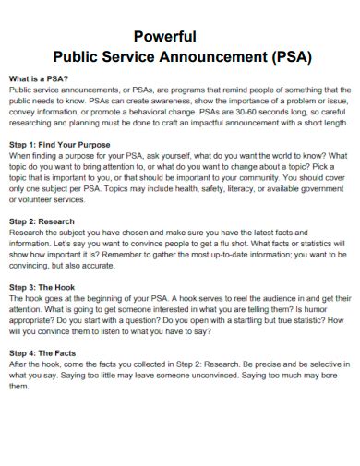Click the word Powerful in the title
165,37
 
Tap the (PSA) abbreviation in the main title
285,55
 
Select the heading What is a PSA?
38,79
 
